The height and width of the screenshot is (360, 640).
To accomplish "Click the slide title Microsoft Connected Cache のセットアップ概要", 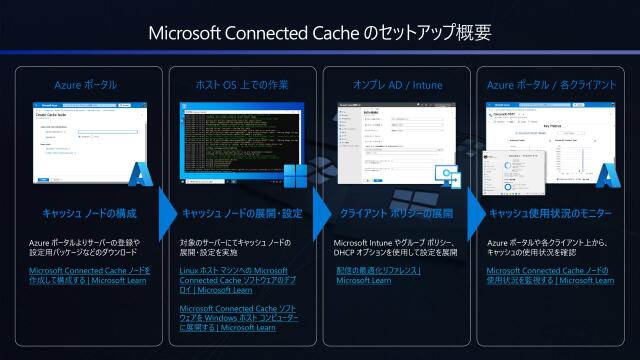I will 320,32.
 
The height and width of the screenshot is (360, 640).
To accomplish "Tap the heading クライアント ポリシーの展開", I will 397,213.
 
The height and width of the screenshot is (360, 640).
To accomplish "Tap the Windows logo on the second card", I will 295,177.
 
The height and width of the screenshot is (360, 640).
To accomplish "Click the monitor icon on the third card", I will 447,176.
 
